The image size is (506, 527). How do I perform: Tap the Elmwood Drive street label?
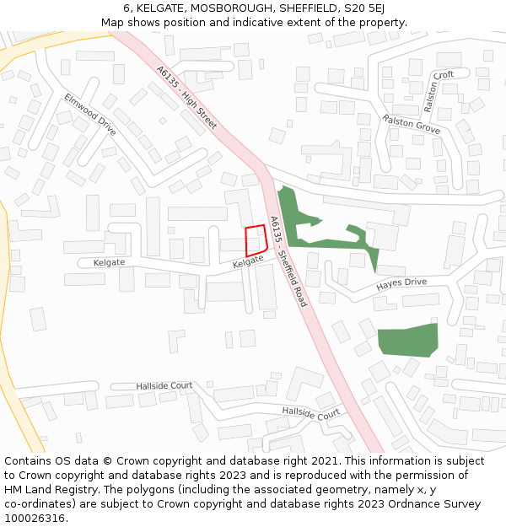[89, 114]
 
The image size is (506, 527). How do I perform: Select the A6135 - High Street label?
[186, 98]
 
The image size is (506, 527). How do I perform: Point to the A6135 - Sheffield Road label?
[288, 261]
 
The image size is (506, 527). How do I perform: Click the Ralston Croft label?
[439, 92]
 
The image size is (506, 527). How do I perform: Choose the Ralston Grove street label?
[412, 125]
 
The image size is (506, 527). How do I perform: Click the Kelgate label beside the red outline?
[248, 265]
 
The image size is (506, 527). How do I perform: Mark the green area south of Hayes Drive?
[408, 339]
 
